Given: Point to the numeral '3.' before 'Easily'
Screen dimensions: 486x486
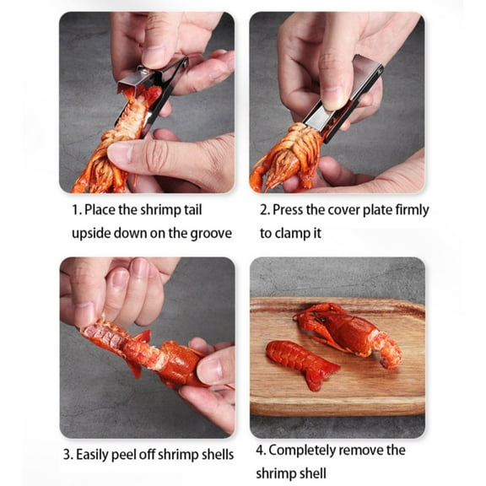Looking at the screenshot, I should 67,455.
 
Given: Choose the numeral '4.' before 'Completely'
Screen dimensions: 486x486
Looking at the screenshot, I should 260,451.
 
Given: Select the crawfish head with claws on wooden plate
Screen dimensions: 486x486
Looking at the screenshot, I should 346,329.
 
